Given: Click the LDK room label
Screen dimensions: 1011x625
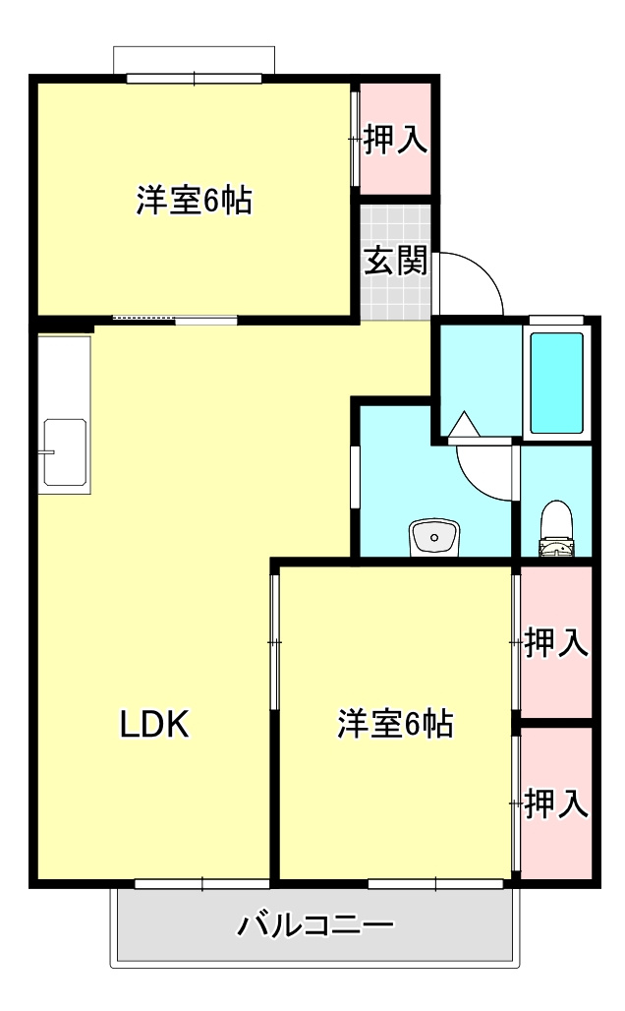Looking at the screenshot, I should pos(153,725).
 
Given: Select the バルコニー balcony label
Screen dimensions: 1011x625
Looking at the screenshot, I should pos(315,925).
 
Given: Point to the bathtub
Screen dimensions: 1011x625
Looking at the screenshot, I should pos(556,383).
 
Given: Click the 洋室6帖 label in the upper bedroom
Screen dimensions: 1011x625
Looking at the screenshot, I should pos(194,201).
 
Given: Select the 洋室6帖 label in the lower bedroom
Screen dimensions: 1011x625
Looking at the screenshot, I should pos(395,724).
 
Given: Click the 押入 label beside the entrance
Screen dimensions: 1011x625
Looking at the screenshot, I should pos(396,140).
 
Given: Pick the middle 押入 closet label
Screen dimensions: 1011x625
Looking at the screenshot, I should pos(556,644).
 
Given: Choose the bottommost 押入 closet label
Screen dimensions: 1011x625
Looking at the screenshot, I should pos(556,804).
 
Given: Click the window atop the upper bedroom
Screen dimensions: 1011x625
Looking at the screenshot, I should pos(194,78).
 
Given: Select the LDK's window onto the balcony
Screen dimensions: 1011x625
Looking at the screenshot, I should pos(201,883).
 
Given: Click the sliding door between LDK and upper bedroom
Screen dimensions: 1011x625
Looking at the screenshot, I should pos(175,319).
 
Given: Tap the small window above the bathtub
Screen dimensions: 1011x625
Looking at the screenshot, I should pos(556,319).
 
